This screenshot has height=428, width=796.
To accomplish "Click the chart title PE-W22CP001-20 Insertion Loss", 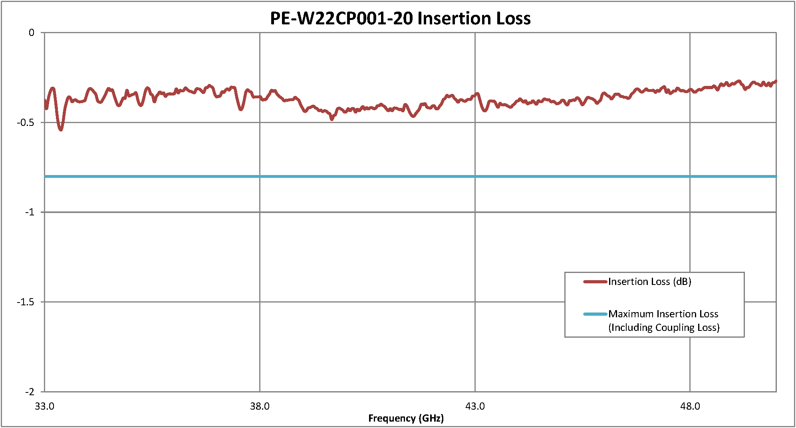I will [x=400, y=18].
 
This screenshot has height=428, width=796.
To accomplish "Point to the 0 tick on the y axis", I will [x=32, y=33].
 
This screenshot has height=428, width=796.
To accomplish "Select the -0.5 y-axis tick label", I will [x=26, y=122].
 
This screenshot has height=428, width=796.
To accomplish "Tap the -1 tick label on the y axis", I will [x=30, y=212].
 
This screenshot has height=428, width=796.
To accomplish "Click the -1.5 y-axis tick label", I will [x=26, y=302].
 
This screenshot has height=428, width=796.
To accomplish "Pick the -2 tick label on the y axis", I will [x=30, y=392].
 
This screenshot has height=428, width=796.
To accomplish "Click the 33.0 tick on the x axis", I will [x=44, y=406].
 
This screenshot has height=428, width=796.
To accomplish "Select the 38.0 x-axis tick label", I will [x=260, y=406].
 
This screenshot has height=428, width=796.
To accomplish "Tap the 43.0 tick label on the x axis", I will [x=475, y=406].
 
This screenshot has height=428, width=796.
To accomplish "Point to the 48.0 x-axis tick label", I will [x=690, y=406].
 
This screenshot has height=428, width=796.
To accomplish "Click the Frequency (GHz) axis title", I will [x=406, y=418].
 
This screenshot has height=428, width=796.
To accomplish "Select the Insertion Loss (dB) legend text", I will [x=649, y=282].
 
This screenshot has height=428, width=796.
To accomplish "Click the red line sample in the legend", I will [x=595, y=282].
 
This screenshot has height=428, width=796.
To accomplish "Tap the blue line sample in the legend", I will [x=595, y=314].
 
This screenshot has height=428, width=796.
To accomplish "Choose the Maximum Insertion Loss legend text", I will [x=663, y=314].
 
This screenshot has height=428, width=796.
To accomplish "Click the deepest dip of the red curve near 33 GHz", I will [x=61, y=129].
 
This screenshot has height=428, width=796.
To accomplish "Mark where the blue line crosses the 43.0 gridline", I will [x=475, y=176].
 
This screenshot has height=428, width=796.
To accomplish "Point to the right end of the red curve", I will [x=776, y=82].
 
